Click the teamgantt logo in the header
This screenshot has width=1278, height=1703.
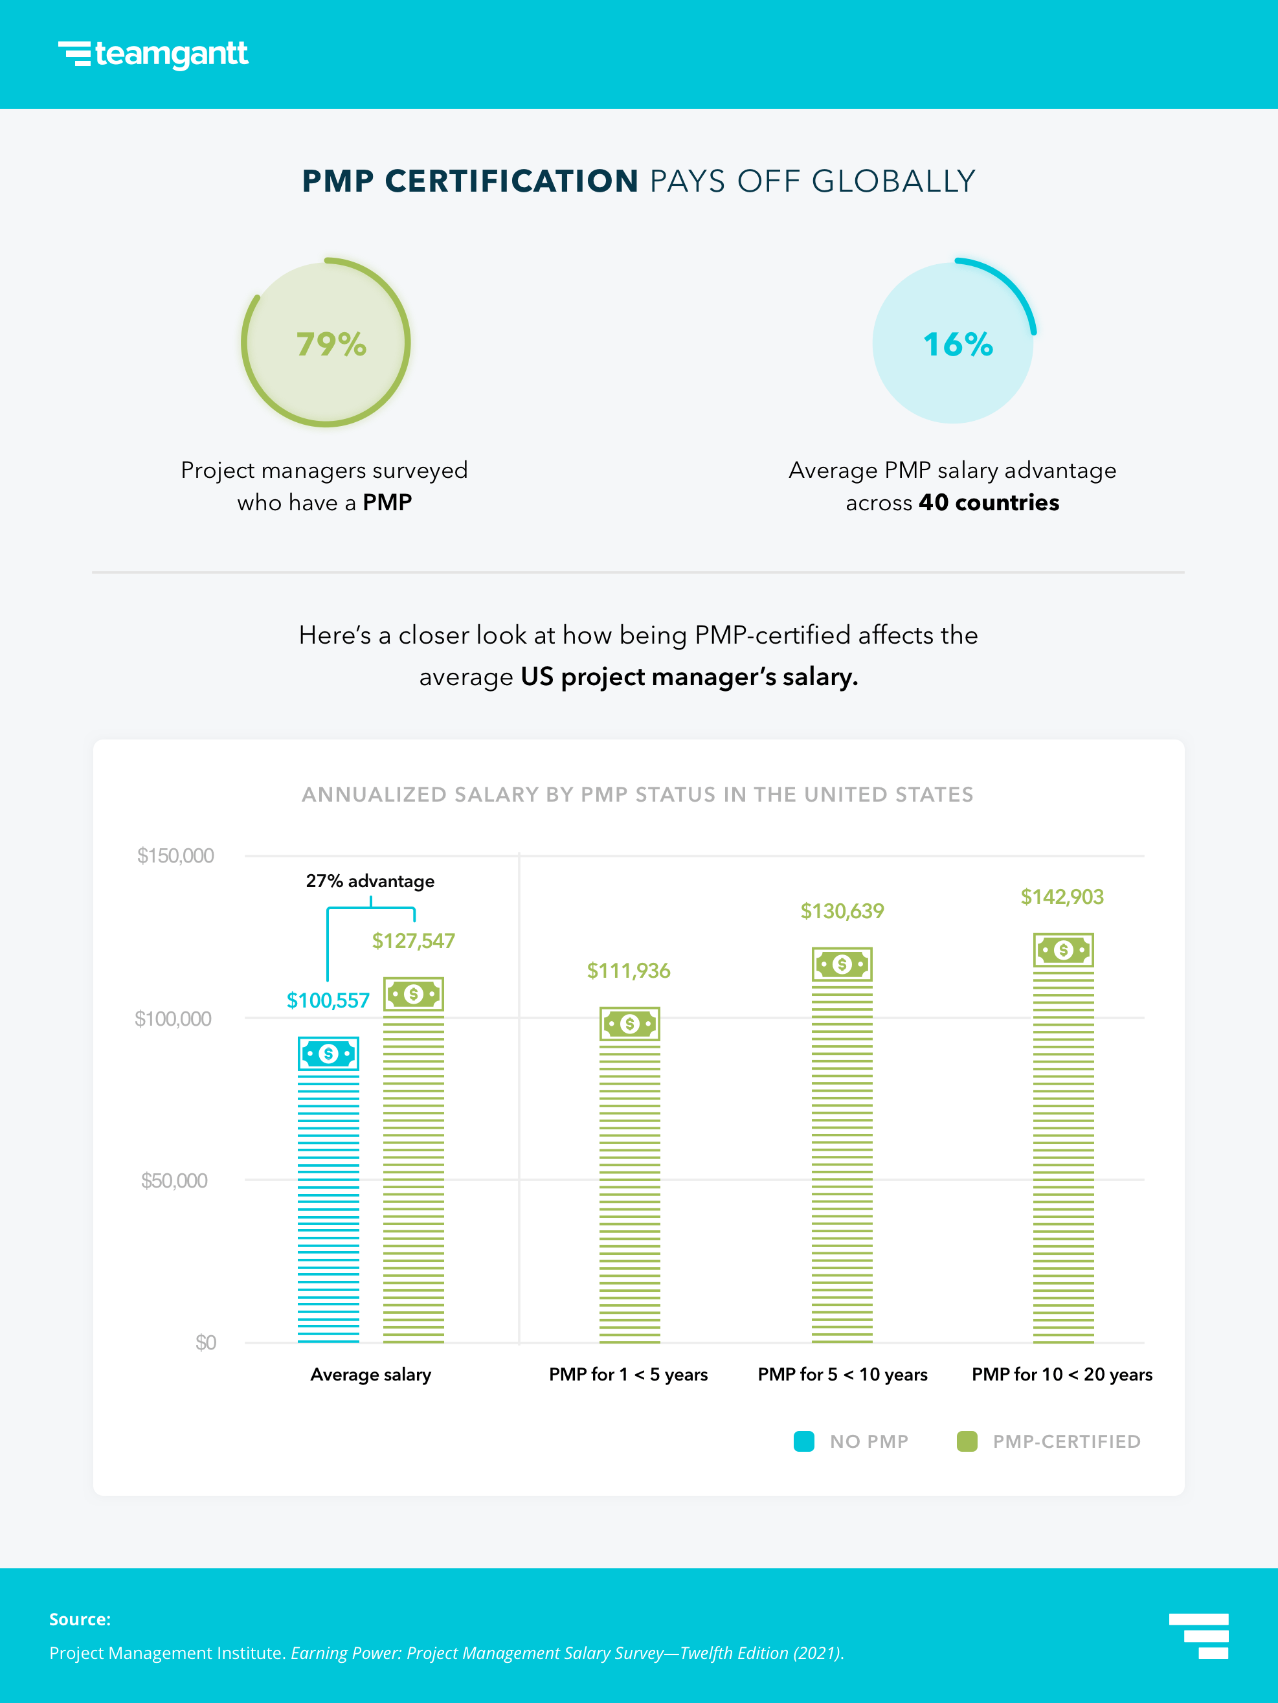(153, 54)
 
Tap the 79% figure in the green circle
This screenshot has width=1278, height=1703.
(331, 344)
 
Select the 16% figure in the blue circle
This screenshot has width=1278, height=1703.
(958, 344)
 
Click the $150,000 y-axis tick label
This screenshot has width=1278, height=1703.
(175, 855)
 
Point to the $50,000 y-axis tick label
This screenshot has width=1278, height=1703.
(174, 1180)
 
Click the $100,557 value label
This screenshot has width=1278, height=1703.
(328, 1000)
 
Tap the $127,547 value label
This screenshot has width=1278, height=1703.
(414, 941)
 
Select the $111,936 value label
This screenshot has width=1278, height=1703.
(628, 970)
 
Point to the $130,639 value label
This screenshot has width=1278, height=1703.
(842, 911)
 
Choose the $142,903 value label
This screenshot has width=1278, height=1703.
(1062, 896)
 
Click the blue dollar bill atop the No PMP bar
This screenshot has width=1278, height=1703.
(329, 1054)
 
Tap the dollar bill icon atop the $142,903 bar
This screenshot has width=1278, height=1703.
(1063, 950)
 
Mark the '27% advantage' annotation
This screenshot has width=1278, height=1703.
(370, 881)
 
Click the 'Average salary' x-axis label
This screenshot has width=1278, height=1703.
(370, 1374)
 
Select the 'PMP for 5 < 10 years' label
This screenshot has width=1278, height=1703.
(842, 1374)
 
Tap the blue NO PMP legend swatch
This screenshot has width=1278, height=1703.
(803, 1441)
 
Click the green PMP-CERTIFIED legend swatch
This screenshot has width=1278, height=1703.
(967, 1441)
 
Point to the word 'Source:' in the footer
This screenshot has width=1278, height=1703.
(80, 1619)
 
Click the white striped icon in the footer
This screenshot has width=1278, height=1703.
(1199, 1636)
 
